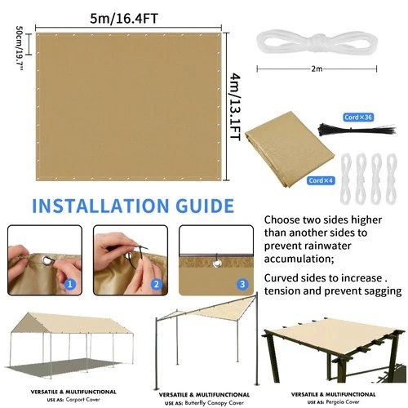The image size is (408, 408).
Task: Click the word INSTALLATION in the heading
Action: [98, 205]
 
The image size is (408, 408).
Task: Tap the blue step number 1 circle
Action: [70, 285]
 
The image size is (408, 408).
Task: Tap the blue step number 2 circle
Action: [156, 285]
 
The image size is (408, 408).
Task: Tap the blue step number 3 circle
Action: [242, 285]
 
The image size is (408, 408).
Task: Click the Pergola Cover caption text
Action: [341, 402]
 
